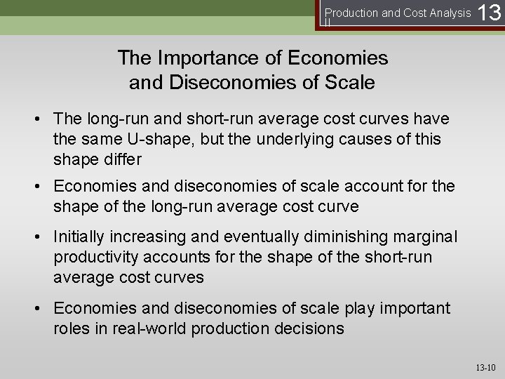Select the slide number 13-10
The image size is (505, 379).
(485, 367)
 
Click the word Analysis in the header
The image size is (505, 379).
(447, 13)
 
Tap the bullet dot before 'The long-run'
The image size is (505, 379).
(42, 119)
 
